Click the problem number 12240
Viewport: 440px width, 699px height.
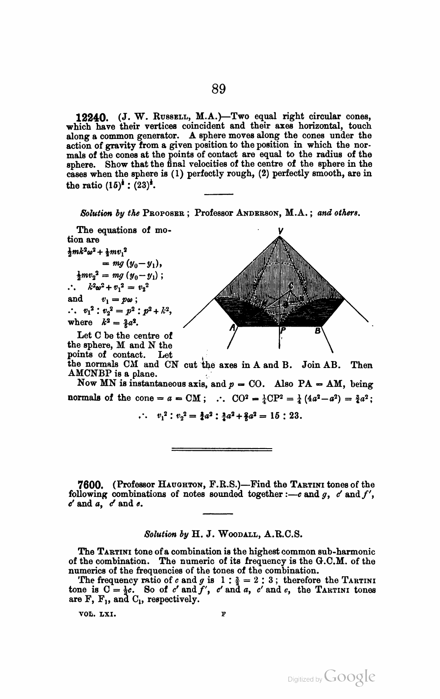[91, 117]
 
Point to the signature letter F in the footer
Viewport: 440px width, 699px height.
[223, 613]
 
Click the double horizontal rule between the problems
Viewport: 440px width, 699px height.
[222, 449]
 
